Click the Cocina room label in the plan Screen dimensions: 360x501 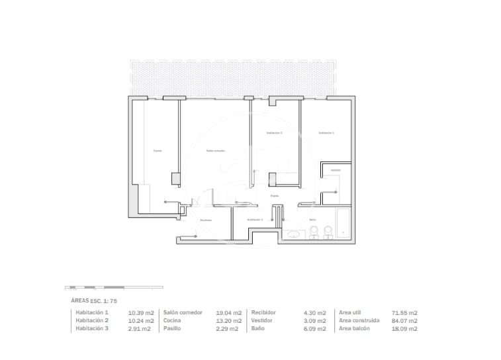pos(158,151)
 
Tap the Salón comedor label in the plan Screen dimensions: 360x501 pos(216,151)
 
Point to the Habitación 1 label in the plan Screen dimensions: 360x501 pos(326,133)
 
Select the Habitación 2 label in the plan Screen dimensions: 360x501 pos(274,133)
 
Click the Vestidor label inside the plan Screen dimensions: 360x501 pos(336,170)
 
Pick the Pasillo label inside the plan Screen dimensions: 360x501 pos(274,196)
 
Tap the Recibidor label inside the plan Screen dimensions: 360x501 pos(205,220)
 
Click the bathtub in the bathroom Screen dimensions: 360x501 pos(343,223)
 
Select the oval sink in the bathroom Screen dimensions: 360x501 pos(294,234)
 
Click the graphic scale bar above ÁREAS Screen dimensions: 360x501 pos(113,288)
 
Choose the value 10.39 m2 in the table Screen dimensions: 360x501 pos(141,312)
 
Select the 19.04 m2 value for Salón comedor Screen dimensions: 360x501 pos(229,312)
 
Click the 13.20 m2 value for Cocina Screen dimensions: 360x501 pos(229,320)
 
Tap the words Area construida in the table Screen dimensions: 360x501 pos(359,320)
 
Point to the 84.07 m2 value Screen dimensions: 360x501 pos(404,320)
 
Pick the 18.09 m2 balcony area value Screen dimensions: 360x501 pos(404,328)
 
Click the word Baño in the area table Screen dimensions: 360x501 pos(257,328)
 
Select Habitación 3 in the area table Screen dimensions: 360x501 pos(92,328)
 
